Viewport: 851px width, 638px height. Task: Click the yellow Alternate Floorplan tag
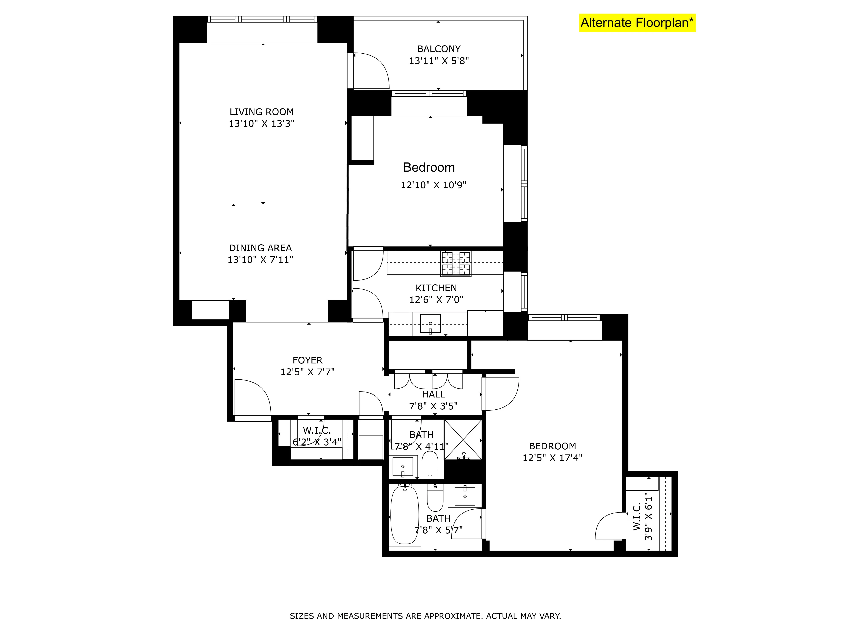click(637, 23)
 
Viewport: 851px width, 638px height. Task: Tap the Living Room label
click(262, 112)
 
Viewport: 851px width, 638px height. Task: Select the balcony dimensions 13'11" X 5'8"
click(438, 61)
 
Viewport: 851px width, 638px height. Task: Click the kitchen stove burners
click(456, 264)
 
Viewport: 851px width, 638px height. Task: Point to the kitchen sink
click(430, 323)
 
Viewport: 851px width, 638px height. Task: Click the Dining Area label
click(260, 248)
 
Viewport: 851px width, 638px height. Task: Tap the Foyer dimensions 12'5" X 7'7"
click(307, 372)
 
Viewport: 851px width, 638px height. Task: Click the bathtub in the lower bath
click(404, 515)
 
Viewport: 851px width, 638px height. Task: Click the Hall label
click(434, 394)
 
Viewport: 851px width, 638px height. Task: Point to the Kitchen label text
click(436, 288)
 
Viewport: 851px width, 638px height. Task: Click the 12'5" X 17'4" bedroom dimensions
click(553, 458)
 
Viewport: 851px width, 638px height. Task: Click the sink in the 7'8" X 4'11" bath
click(403, 466)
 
